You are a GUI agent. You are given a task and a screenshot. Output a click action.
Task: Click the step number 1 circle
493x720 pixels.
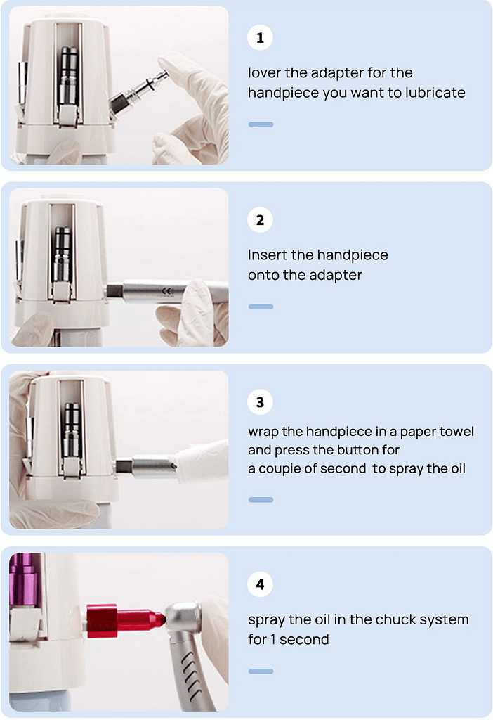[260, 38]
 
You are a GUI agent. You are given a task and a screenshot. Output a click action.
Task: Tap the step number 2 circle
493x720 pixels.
[260, 220]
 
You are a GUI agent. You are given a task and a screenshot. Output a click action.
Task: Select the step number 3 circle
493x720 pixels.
[260, 402]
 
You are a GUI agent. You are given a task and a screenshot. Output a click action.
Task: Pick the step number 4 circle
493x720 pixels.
[260, 584]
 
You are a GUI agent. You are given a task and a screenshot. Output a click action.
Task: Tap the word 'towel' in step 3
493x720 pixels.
[456, 431]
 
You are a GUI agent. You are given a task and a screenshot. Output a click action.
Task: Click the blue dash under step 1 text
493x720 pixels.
[261, 124]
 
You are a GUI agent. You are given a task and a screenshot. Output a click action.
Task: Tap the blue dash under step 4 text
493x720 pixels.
[261, 671]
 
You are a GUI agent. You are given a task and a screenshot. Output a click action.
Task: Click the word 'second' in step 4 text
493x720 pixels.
[305, 640]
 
